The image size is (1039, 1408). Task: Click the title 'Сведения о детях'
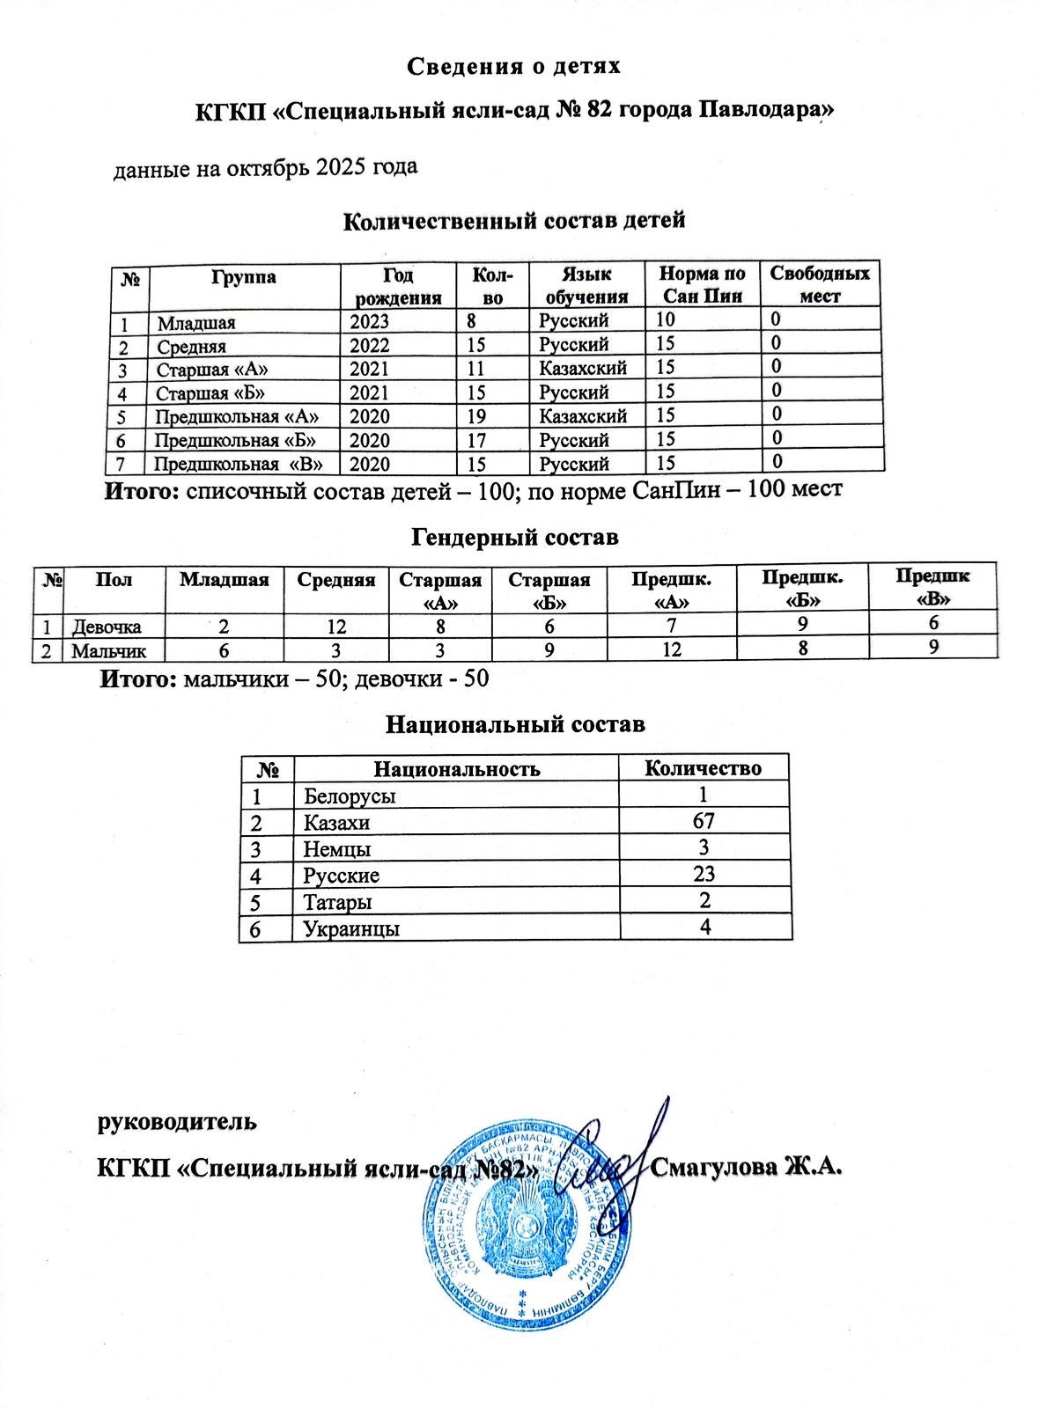[x=514, y=66]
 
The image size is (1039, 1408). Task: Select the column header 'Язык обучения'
[x=586, y=285]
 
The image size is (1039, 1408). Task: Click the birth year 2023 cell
[x=369, y=321]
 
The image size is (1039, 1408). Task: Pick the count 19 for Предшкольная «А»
[x=477, y=416]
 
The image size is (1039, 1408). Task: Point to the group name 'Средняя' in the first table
[x=192, y=347]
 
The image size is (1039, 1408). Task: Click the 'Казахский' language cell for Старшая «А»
[x=583, y=368]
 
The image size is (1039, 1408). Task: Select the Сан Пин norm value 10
[x=666, y=319]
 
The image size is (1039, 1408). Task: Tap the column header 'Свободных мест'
[x=820, y=284]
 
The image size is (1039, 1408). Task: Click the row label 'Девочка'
[x=107, y=627]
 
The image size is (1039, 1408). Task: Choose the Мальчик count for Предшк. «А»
[x=672, y=649]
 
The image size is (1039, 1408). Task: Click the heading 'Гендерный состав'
[x=515, y=537]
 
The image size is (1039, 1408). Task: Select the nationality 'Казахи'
[x=336, y=823]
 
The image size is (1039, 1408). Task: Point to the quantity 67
[x=704, y=821]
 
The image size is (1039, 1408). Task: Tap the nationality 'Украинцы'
[x=351, y=928]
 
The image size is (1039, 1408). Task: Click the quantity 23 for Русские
[x=704, y=874]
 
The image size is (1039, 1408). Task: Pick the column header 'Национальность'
[x=457, y=769]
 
